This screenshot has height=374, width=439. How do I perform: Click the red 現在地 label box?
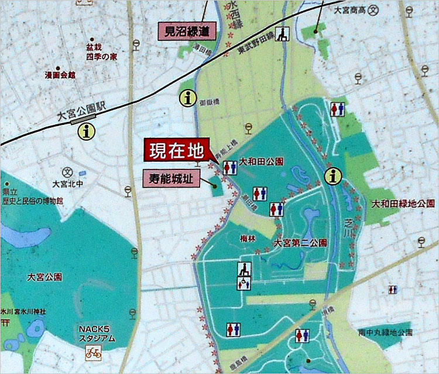coord(174,151)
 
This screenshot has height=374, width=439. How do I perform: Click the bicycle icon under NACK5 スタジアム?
coord(93,353)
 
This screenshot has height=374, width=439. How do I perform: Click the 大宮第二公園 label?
coord(300,242)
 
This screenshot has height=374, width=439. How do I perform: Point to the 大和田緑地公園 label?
coord(402,203)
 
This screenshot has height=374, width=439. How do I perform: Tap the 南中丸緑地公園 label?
coord(386,332)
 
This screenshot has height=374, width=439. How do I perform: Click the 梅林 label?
coord(248,239)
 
